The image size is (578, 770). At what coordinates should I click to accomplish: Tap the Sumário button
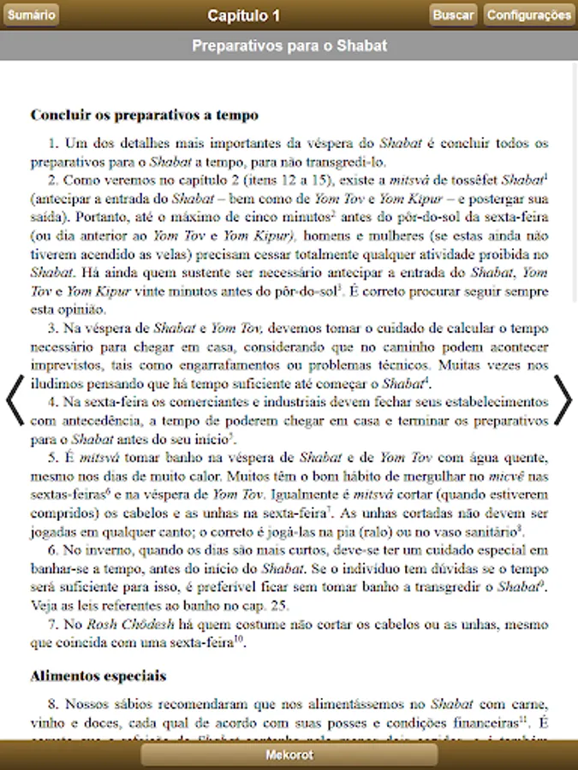[31, 15]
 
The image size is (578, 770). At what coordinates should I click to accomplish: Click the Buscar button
[453, 15]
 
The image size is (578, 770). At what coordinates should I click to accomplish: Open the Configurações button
[529, 15]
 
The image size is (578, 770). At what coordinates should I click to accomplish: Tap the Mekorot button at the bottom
[289, 755]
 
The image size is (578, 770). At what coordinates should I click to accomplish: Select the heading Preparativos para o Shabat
[289, 45]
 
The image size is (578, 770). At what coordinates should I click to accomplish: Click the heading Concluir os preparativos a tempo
[145, 115]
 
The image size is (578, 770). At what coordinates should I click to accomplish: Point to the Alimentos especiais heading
[98, 676]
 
